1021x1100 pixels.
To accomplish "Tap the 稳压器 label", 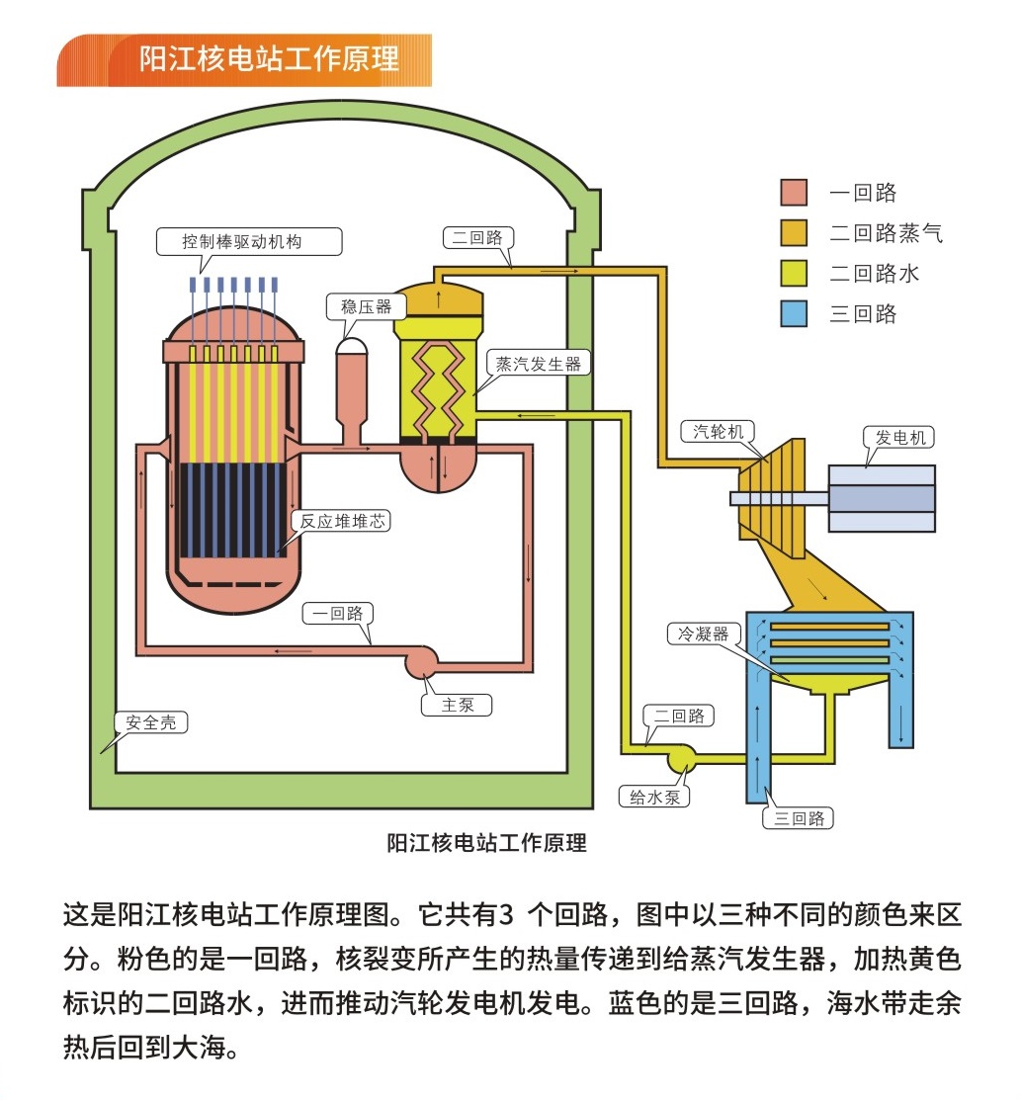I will tap(366, 306).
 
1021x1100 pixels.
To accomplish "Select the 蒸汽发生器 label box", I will tap(539, 363).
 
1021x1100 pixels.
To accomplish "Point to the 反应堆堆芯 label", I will tap(340, 521).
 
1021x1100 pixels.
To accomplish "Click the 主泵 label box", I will tap(458, 705).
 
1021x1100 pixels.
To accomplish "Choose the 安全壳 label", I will tap(150, 722).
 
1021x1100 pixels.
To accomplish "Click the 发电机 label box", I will tap(899, 436).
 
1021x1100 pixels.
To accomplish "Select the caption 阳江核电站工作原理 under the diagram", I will tap(486, 843).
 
